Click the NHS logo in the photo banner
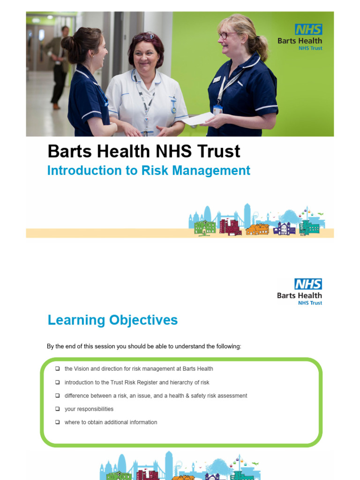click(x=308, y=30)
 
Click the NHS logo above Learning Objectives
click(x=308, y=284)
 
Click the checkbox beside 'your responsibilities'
click(x=57, y=409)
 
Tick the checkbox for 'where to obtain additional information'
click(x=57, y=422)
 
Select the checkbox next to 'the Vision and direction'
click(x=57, y=369)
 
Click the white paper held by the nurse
click(x=198, y=120)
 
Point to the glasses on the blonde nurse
click(x=226, y=35)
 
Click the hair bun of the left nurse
click(x=67, y=43)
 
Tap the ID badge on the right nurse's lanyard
click(x=217, y=110)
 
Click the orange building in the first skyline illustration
click(x=257, y=229)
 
